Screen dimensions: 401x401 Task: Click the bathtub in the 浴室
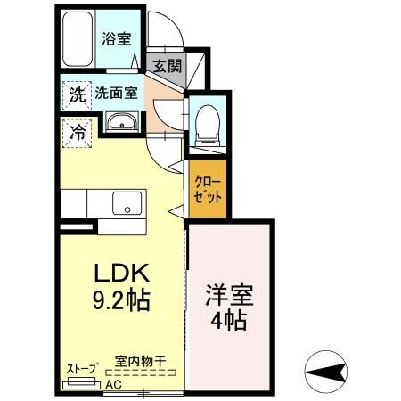[x=78, y=39]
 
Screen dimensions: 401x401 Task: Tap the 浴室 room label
[x=117, y=38]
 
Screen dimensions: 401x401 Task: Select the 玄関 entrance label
[x=168, y=66]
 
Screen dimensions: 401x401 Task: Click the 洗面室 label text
[x=116, y=94]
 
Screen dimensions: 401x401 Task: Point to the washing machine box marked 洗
[x=77, y=95]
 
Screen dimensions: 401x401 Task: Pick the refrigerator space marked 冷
[x=77, y=133]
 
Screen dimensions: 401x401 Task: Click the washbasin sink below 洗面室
[x=122, y=122]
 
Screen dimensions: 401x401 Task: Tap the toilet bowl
[x=208, y=125]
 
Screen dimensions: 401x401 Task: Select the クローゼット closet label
[x=208, y=190]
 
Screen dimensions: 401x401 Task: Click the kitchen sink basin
[x=127, y=203]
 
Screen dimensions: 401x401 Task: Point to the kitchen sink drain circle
[x=127, y=209]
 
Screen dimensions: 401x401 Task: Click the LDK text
[x=121, y=273]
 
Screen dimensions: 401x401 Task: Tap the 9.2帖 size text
[x=121, y=300]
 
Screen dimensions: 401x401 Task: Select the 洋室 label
[x=229, y=295]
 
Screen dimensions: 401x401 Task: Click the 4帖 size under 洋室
[x=229, y=320]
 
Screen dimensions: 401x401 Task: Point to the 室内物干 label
[x=140, y=362]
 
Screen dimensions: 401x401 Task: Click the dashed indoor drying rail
[x=141, y=372]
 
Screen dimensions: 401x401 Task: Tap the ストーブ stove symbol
[x=81, y=383]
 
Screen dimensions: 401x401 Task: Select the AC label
[x=114, y=385]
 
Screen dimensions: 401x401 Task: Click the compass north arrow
[x=326, y=372]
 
